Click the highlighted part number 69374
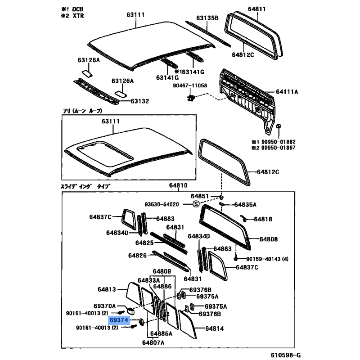pyautogui.click(x=119, y=320)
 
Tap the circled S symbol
pyautogui.click(x=196, y=204)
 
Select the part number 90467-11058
pyautogui.click(x=190, y=85)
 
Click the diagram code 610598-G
pyautogui.click(x=285, y=355)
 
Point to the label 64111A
pyautogui.click(x=287, y=92)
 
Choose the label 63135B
pyautogui.click(x=207, y=18)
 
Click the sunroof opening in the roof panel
pyautogui.click(x=105, y=153)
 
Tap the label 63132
pyautogui.click(x=140, y=101)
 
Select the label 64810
pyautogui.click(x=178, y=185)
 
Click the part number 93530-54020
pyautogui.click(x=162, y=204)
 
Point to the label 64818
pyautogui.click(x=263, y=219)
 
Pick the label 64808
pyautogui.click(x=268, y=239)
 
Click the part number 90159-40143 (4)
pyautogui.click(x=267, y=259)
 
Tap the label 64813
pyautogui.click(x=107, y=289)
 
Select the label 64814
pyautogui.click(x=215, y=328)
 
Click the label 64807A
pyautogui.click(x=153, y=342)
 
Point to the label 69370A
pyautogui.click(x=104, y=306)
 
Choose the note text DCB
pyautogui.click(x=78, y=9)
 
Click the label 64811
pyautogui.click(x=256, y=9)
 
